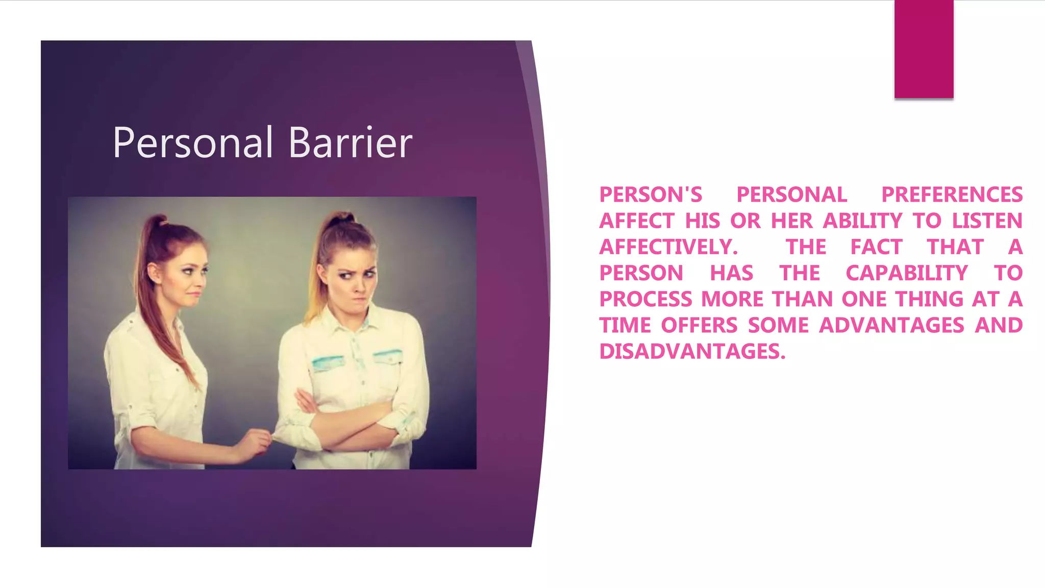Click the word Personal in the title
point(193,143)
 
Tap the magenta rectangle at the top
point(924,49)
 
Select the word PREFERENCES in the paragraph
point(952,195)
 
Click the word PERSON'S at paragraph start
point(651,195)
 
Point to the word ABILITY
point(863,221)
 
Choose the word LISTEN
point(987,221)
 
